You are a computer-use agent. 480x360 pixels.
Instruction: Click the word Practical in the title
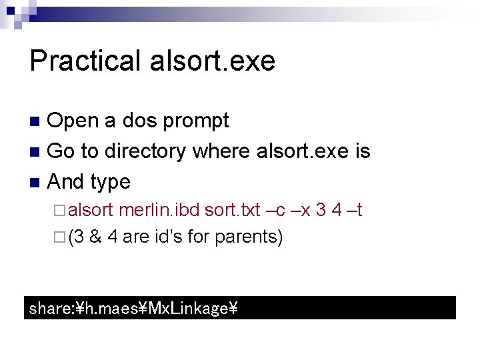pos(84,61)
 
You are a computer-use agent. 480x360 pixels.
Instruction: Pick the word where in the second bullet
pos(221,151)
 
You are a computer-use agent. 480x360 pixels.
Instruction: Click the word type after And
pos(109,181)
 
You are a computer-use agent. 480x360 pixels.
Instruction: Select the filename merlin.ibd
pos(159,211)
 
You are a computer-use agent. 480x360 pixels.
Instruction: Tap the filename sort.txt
pos(232,211)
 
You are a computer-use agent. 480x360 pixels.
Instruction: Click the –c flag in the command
pos(276,211)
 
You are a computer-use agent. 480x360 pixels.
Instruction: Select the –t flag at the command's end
pos(355,211)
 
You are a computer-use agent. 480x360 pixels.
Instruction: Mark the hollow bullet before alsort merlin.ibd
pos(59,211)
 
